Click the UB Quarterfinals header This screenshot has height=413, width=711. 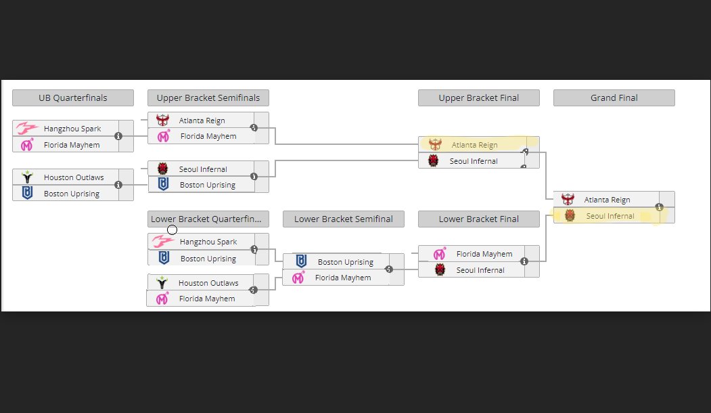pyautogui.click(x=73, y=97)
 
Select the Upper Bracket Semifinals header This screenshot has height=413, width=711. pyautogui.click(x=208, y=97)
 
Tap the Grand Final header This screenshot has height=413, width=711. pyautogui.click(x=614, y=97)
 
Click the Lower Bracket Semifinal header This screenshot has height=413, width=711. pyautogui.click(x=343, y=219)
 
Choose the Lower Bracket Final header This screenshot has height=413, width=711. pyautogui.click(x=479, y=219)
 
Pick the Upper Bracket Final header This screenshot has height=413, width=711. pyautogui.click(x=479, y=97)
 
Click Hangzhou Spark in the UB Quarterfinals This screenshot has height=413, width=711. pyautogui.click(x=72, y=129)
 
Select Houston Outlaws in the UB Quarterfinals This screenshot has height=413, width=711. pyautogui.click(x=74, y=177)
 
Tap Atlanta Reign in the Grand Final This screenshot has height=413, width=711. pyautogui.click(x=607, y=200)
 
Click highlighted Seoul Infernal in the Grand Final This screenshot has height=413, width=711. pyautogui.click(x=610, y=216)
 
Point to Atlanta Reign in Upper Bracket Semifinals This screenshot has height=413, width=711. pyautogui.click(x=202, y=121)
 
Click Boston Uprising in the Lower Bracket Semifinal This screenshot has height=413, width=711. pyautogui.click(x=346, y=262)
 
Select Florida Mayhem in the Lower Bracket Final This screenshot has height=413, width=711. pyautogui.click(x=484, y=254)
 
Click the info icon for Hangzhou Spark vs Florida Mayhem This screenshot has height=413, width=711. pyautogui.click(x=118, y=135)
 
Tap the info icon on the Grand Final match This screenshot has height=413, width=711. pyautogui.click(x=660, y=207)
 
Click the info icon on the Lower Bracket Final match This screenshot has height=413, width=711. pyautogui.click(x=524, y=261)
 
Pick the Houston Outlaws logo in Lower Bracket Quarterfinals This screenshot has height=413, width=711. pyautogui.click(x=162, y=283)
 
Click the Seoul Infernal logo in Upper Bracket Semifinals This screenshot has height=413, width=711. pyautogui.click(x=162, y=169)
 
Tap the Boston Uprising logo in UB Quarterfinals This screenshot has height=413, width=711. pyautogui.click(x=27, y=193)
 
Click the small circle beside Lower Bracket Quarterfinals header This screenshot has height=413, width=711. pyautogui.click(x=172, y=230)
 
